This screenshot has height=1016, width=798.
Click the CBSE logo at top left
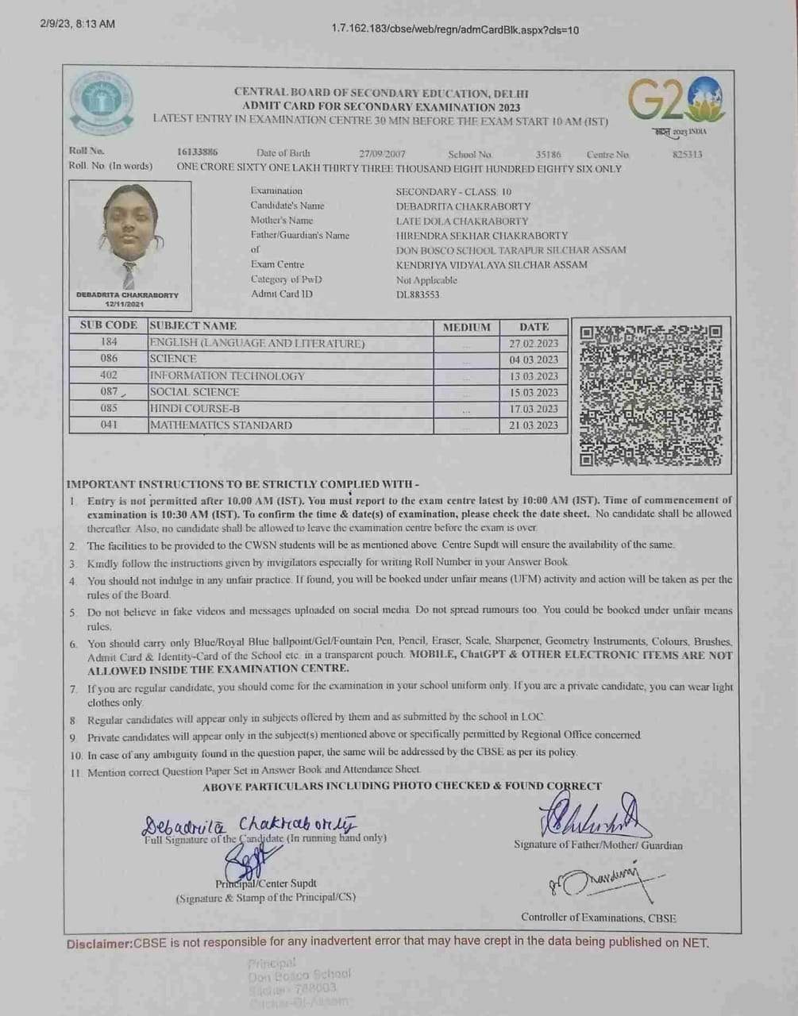(102, 103)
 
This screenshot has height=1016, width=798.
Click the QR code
(650, 394)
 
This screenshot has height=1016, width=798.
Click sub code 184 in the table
(109, 342)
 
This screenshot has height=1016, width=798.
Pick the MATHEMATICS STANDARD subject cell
(221, 425)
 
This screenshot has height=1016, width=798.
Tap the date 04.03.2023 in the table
(534, 360)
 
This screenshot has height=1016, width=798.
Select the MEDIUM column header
(466, 326)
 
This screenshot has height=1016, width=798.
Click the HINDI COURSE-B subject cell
(195, 409)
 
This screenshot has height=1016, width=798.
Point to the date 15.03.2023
(534, 392)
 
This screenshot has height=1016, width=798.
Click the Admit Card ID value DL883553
(418, 294)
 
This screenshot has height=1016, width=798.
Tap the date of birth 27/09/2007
(382, 154)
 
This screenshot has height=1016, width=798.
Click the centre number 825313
(687, 155)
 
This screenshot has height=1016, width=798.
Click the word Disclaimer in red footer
(98, 944)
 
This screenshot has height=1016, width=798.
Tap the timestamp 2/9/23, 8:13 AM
(77, 24)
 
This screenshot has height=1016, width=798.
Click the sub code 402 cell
(109, 375)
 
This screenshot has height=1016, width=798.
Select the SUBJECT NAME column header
(193, 325)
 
